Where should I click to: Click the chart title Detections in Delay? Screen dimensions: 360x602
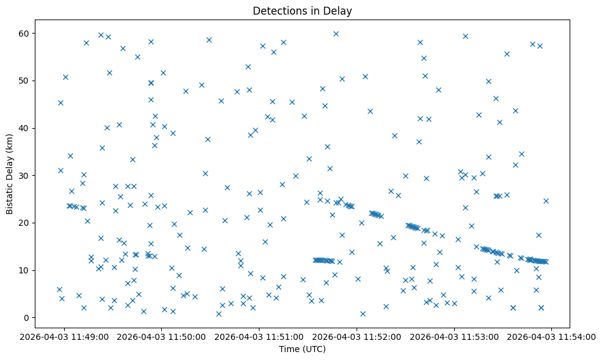click(302, 11)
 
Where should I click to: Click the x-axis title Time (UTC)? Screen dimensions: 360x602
click(302, 349)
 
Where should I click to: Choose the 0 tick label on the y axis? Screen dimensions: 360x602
click(27, 318)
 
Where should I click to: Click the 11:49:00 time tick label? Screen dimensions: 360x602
click(64, 336)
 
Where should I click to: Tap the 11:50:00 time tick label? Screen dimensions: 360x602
click(162, 336)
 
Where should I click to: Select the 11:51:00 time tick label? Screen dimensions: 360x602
click(259, 336)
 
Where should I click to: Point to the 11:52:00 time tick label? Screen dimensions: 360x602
click(357, 336)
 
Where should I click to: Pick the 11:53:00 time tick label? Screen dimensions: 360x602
click(454, 336)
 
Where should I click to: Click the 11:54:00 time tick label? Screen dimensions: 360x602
click(552, 336)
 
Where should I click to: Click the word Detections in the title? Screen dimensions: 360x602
click(277, 11)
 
